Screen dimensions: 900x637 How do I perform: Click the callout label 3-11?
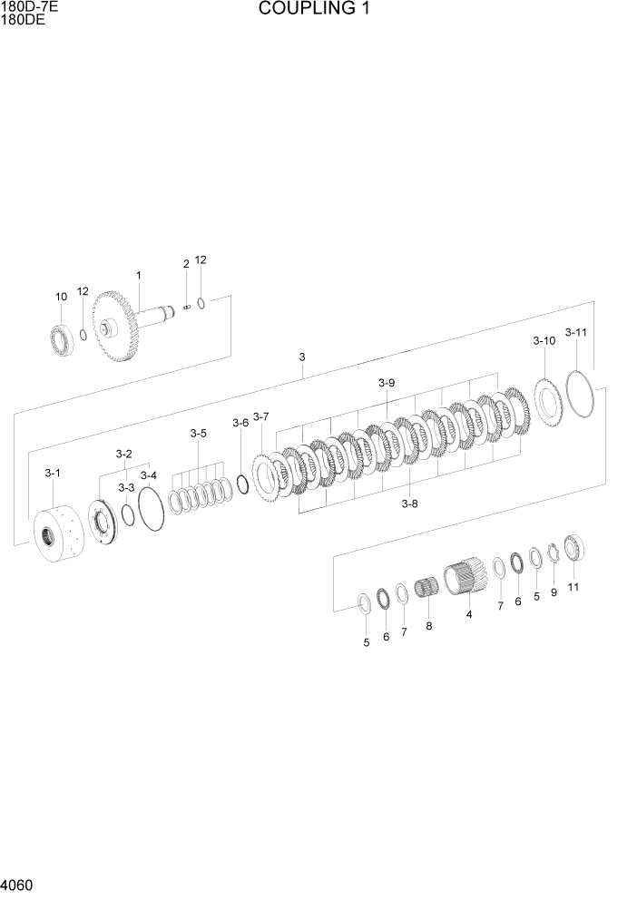tap(575, 333)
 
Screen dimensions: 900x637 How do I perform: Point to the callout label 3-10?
tap(544, 341)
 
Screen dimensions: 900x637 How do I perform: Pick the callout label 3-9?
tap(387, 383)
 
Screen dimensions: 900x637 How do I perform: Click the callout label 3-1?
tap(53, 473)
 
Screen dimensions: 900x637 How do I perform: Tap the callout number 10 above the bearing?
tap(61, 298)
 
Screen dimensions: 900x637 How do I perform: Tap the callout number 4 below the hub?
tap(469, 615)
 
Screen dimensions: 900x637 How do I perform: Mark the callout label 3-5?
tap(198, 434)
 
